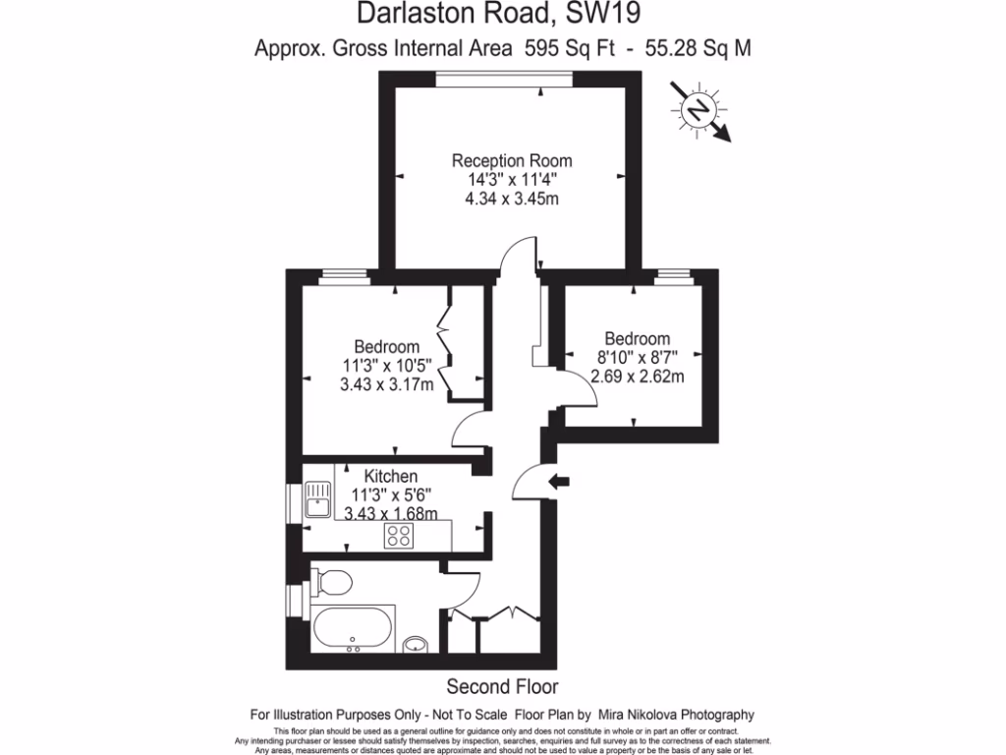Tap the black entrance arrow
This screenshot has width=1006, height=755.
pos(560,481)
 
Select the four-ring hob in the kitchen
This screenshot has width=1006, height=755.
pos(400,536)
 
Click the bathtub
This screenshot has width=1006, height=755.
pos(353,628)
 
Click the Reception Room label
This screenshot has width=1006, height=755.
pos(511,160)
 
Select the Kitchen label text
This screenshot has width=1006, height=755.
pos(391,476)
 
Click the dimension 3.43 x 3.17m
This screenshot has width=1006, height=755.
pos(386,384)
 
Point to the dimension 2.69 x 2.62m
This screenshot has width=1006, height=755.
pos(638,376)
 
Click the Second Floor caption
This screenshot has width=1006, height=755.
pos(502,685)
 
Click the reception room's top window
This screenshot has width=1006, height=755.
pos(506,80)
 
